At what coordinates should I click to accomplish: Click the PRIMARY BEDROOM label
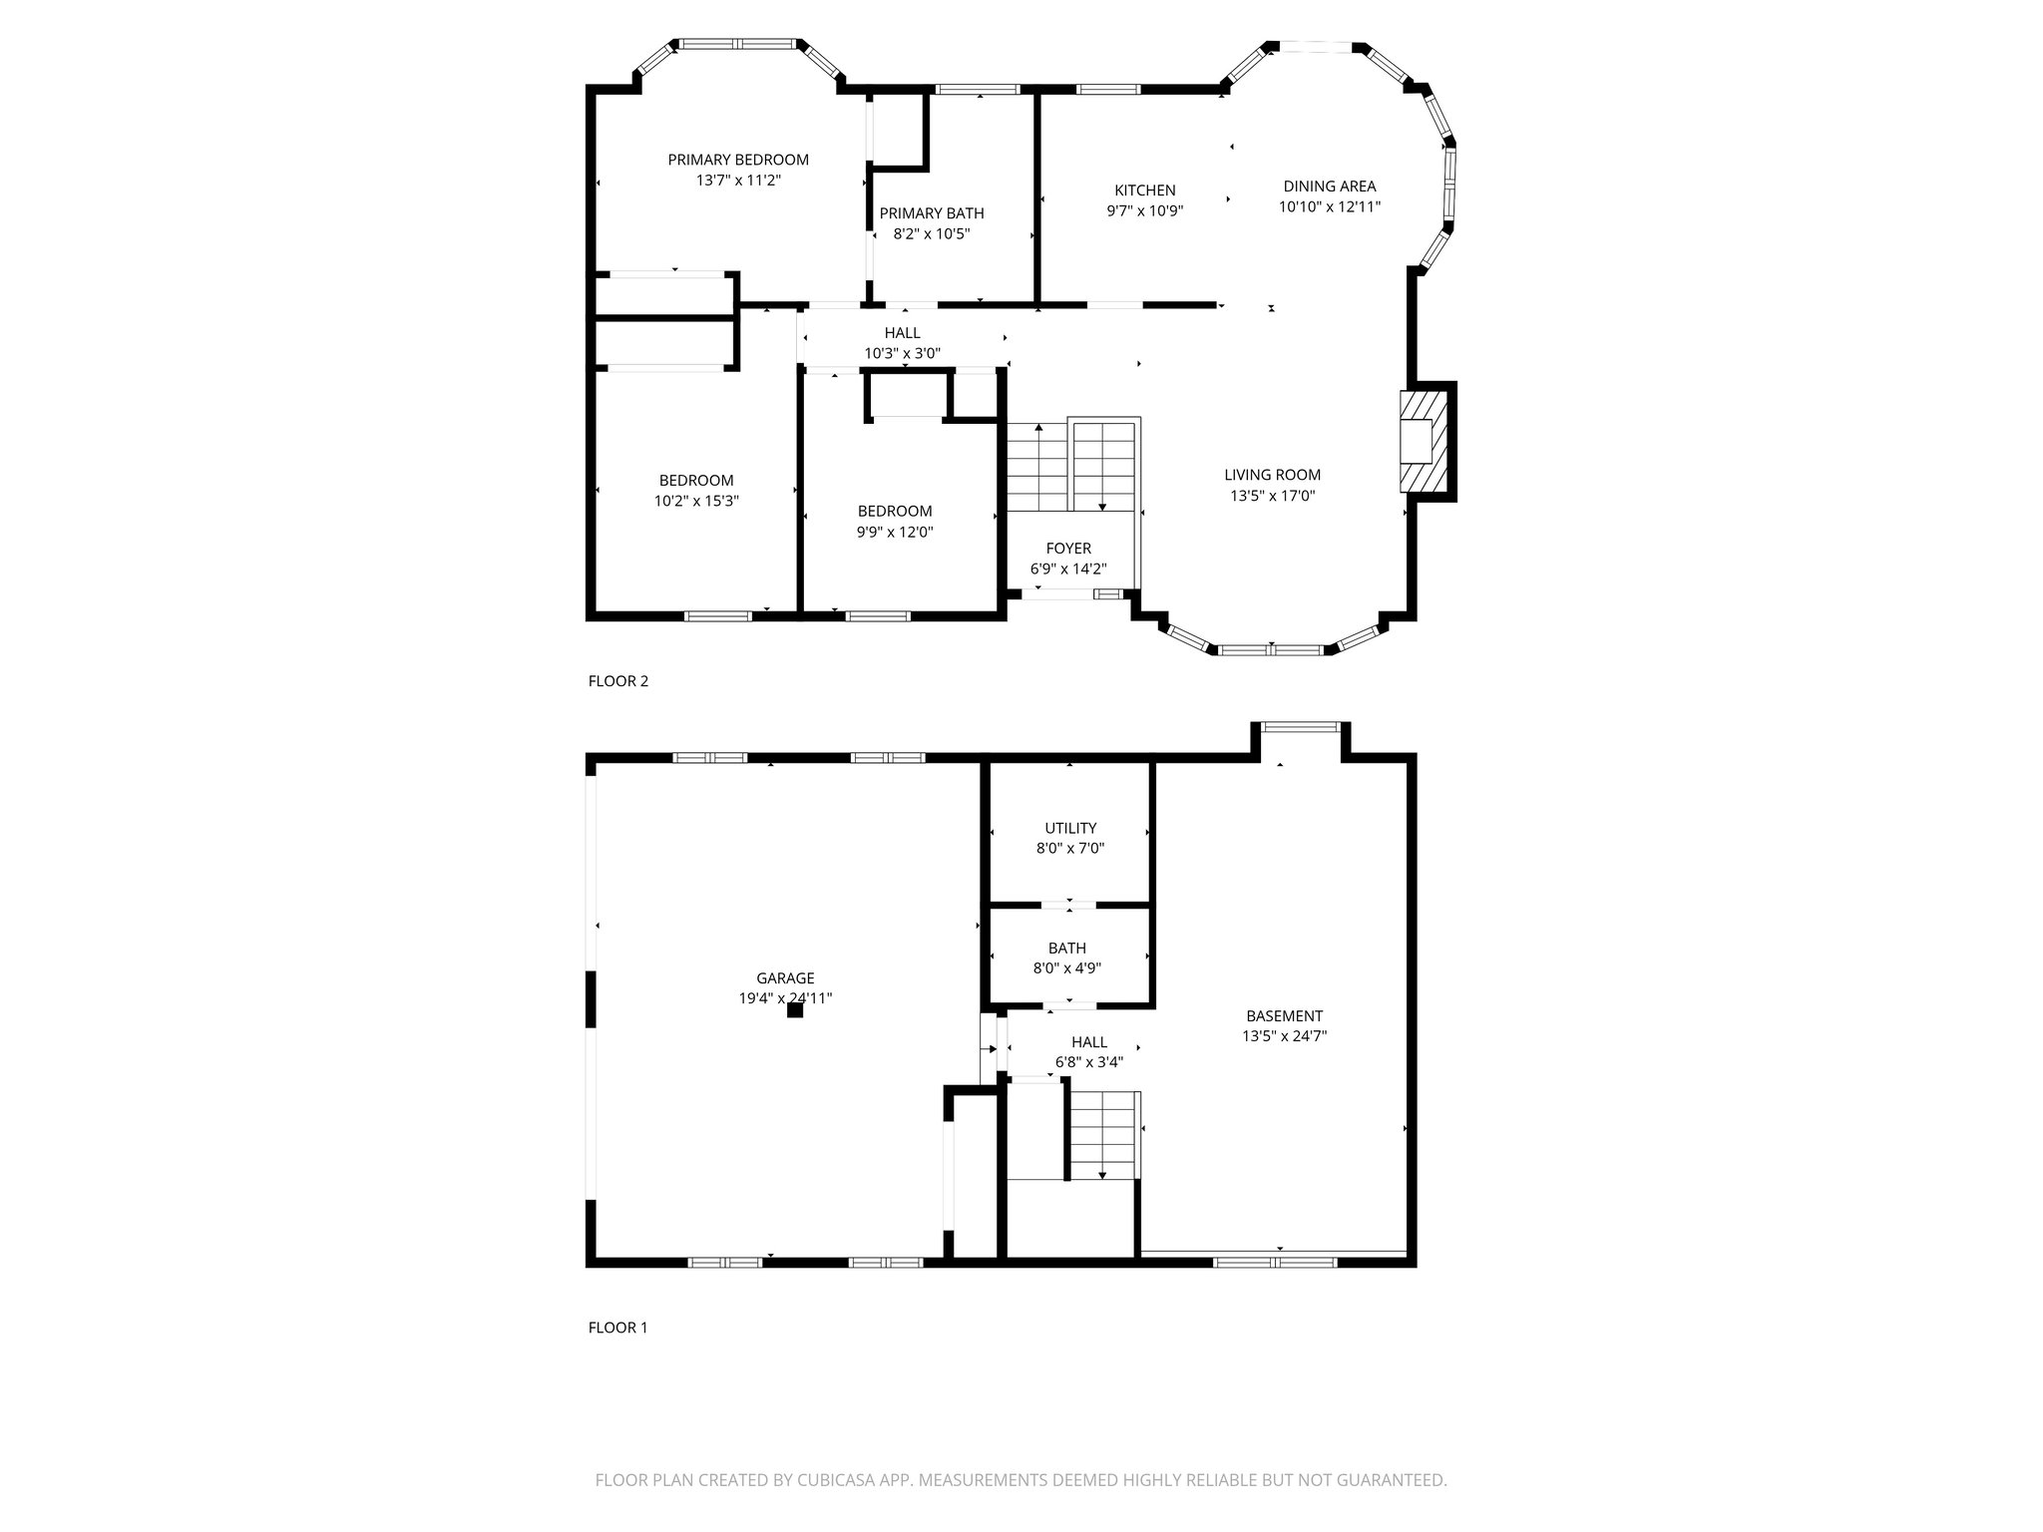click(737, 160)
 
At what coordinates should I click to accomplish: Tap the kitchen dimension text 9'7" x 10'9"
click(1144, 211)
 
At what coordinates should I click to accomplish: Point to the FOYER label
click(1067, 549)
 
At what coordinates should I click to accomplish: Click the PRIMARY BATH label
click(931, 213)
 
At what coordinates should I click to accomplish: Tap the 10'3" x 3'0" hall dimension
click(902, 353)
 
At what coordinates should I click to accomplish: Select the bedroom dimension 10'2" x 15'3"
click(695, 502)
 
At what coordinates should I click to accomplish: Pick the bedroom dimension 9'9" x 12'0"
click(894, 533)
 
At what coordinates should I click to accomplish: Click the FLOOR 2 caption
click(617, 681)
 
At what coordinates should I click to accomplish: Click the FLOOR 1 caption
click(617, 1328)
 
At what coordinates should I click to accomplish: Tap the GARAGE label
click(785, 978)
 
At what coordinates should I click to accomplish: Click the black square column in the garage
click(795, 1010)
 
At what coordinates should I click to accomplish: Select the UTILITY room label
click(1069, 828)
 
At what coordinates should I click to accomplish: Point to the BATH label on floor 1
click(1066, 948)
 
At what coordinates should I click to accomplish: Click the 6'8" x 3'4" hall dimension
click(1088, 1062)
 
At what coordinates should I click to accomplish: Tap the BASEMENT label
click(1283, 1016)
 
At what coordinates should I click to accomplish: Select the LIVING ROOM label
click(1272, 475)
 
